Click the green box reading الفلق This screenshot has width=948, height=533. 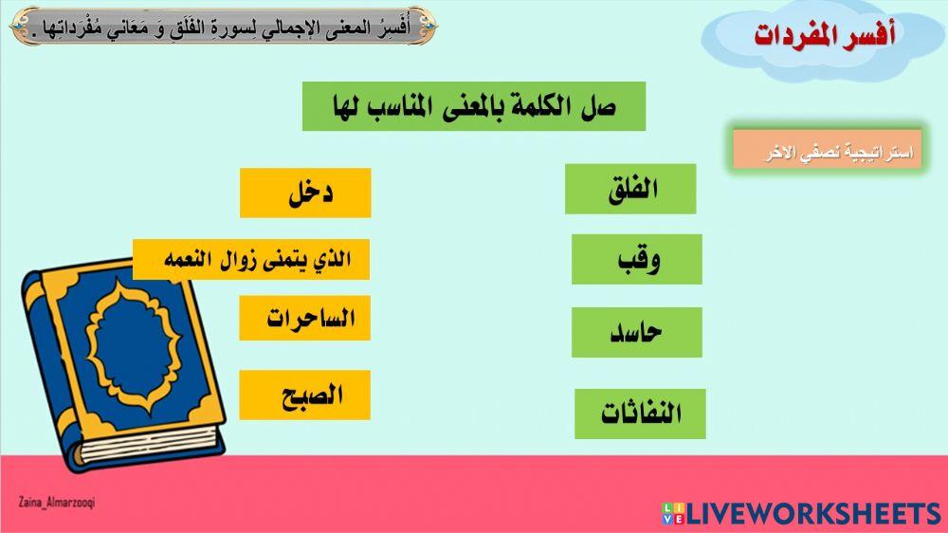pos(630,189)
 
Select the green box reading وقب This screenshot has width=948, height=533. pos(636,259)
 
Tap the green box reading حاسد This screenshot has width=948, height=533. pos(636,332)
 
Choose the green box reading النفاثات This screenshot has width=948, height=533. pos(640,414)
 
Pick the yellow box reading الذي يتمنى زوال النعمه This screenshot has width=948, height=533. pos(251,259)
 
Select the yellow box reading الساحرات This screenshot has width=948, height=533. pos(304,318)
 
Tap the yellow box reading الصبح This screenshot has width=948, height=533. pos(304,395)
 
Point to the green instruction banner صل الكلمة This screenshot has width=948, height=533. pos(473,106)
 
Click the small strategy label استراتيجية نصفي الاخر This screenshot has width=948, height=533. pos(827,151)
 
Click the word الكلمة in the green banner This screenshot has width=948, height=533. pos(536,106)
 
